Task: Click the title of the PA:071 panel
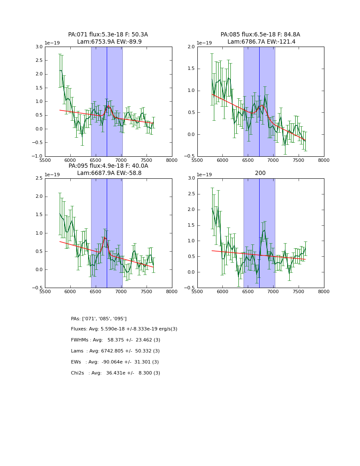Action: click(108, 38)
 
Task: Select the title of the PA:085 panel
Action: click(260, 38)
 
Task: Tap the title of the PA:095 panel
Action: click(108, 169)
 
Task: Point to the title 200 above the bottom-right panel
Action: click(260, 173)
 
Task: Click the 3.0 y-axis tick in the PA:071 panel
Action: click(39, 47)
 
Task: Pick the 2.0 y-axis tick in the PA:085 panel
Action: click(191, 47)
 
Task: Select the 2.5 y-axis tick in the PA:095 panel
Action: click(39, 178)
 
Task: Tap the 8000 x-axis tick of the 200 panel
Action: click(324, 291)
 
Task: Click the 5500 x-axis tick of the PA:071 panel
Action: click(45, 160)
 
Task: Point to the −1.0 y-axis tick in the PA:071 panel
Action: click(37, 156)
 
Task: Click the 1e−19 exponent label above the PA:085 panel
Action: click(205, 43)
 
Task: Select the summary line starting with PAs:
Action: click(99, 319)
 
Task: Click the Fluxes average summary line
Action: click(124, 329)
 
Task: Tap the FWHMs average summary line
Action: click(116, 340)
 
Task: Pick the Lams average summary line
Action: click(115, 351)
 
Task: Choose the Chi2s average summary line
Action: click(116, 373)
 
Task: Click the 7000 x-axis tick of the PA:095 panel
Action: click(121, 291)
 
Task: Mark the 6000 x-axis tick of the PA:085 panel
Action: click(223, 160)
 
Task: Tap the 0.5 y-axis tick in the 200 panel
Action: click(191, 257)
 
